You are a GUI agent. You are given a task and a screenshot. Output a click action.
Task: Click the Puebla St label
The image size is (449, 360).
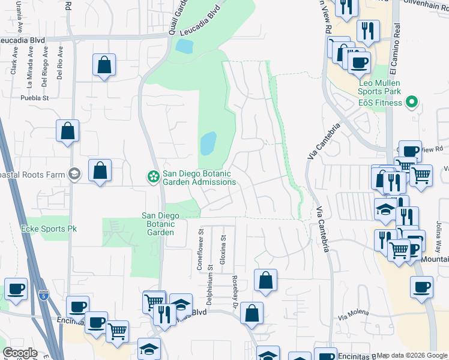coord(34,97)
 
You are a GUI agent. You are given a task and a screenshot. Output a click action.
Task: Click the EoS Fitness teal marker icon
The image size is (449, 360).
coord(411,103)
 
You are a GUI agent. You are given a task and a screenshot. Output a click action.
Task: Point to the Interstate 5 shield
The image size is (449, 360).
coord(43,295)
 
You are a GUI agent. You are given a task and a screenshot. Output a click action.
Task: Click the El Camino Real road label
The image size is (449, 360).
coord(396,42)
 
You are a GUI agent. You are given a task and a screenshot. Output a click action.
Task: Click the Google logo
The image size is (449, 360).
coord(20,353)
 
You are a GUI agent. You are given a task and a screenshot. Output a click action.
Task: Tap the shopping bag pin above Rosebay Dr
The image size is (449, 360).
coord(265,281)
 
